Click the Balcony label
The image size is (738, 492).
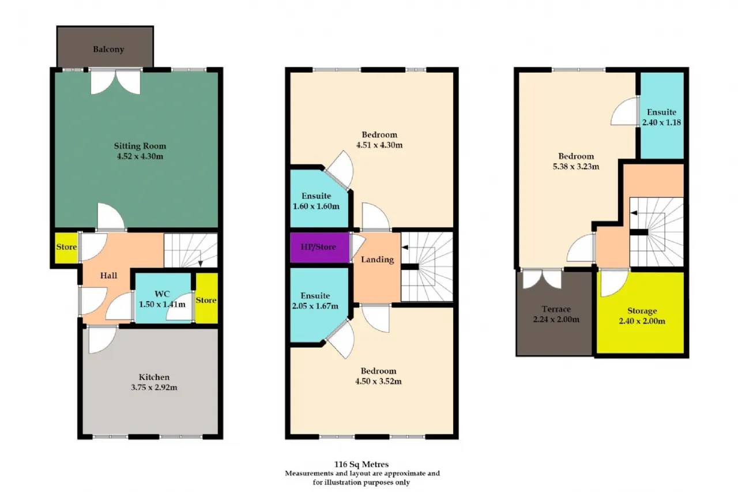click(x=108, y=50)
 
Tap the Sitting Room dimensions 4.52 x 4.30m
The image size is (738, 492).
click(x=140, y=156)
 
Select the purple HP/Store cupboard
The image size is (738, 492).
click(x=319, y=247)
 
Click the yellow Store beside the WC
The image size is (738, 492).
click(x=206, y=298)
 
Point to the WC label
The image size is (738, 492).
click(x=162, y=294)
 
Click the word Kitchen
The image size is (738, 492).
click(x=154, y=377)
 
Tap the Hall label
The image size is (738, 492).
click(x=109, y=276)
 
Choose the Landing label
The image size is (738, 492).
click(x=377, y=260)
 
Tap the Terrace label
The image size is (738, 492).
click(x=556, y=309)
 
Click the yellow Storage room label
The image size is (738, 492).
click(x=642, y=311)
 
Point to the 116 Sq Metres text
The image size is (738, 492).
click(x=362, y=464)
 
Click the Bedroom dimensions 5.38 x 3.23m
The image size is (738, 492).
click(x=576, y=167)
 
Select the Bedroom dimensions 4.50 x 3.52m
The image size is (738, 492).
click(x=378, y=381)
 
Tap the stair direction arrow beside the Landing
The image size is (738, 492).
click(x=405, y=247)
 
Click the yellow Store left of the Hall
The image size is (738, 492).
click(x=66, y=247)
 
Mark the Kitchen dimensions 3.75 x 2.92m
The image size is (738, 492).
click(x=154, y=387)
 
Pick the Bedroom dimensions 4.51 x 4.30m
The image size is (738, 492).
click(x=379, y=145)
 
